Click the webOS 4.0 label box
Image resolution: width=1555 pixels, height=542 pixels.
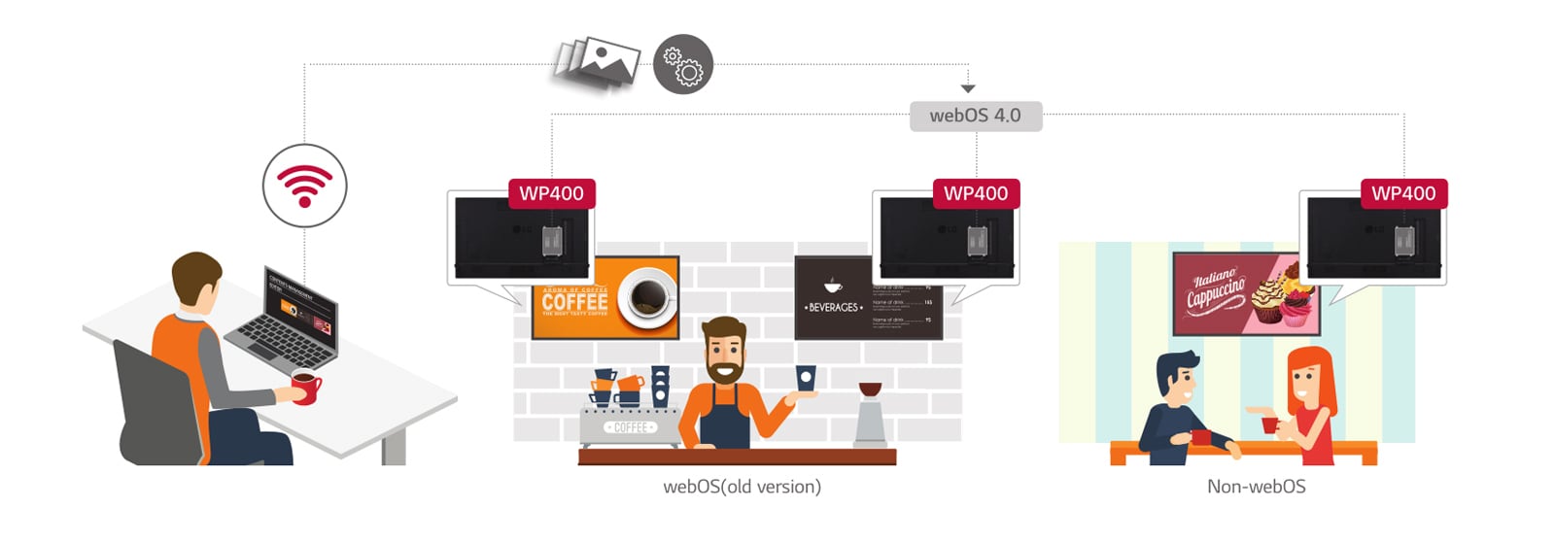tap(976, 116)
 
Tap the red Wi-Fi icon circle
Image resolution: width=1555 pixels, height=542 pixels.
tap(304, 185)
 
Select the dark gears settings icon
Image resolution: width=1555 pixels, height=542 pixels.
tap(683, 65)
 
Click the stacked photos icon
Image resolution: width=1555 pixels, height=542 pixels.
tap(597, 65)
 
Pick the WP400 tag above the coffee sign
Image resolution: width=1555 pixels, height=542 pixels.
tap(551, 193)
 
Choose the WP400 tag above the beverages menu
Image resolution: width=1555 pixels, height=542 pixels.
tap(976, 193)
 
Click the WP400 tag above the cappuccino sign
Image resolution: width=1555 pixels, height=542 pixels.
tap(1403, 193)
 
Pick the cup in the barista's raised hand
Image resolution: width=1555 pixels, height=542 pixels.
tap(805, 379)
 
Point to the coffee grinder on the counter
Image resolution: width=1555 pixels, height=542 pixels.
tap(870, 418)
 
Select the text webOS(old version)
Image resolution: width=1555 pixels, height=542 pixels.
tap(742, 487)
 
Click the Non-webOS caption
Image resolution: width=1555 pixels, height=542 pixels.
tap(1256, 487)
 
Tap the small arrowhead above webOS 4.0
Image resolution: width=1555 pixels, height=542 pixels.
tap(968, 88)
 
